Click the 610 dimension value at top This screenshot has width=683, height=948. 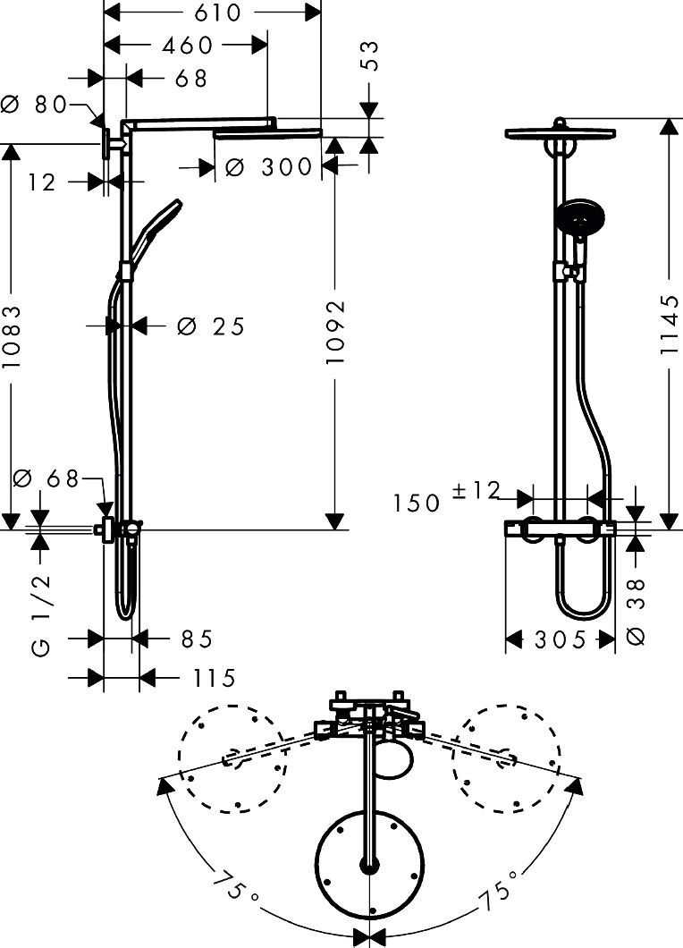[x=213, y=13]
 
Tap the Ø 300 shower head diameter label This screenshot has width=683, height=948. [x=268, y=166]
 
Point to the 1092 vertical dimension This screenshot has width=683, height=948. [x=336, y=331]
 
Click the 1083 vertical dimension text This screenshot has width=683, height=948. [x=12, y=338]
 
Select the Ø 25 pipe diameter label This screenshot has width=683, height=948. [x=211, y=326]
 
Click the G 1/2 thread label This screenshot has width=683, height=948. [x=42, y=617]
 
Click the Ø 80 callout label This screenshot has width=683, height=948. [x=36, y=105]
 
